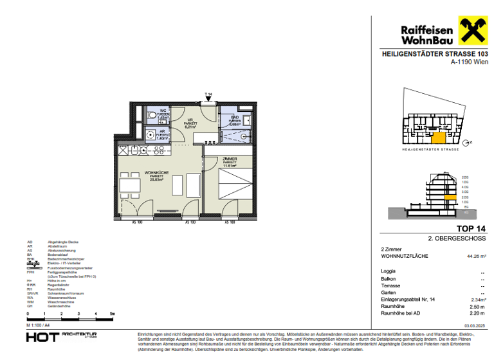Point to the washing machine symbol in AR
pyautogui.click(x=151, y=135)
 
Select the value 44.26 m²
pyautogui.click(x=477, y=256)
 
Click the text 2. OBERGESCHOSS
pyautogui.click(x=457, y=239)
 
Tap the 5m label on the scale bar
pyautogui.click(x=112, y=314)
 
